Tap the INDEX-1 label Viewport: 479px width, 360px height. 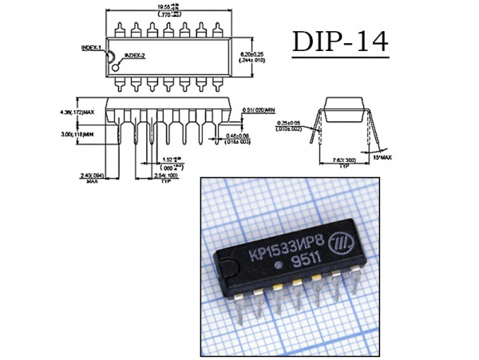[90, 49]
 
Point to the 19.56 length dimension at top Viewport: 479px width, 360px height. [164, 7]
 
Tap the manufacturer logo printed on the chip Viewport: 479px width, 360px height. [342, 240]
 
